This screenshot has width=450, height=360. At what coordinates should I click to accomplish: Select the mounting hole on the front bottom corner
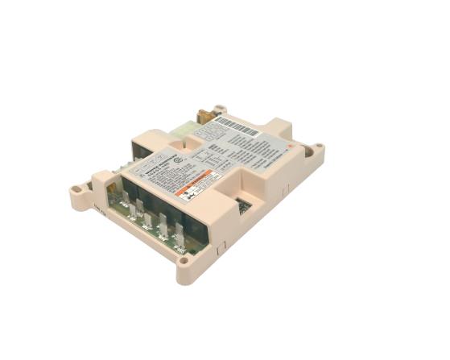coord(185,259)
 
